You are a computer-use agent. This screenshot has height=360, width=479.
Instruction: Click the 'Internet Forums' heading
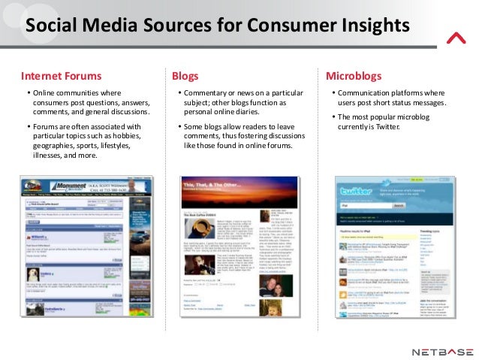pos(61,76)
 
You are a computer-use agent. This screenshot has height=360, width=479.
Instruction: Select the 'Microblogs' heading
pos(354,76)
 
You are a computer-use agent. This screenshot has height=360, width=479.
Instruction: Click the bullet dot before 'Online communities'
pos(29,92)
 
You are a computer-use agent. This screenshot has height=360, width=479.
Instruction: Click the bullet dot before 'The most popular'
pos(332,117)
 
